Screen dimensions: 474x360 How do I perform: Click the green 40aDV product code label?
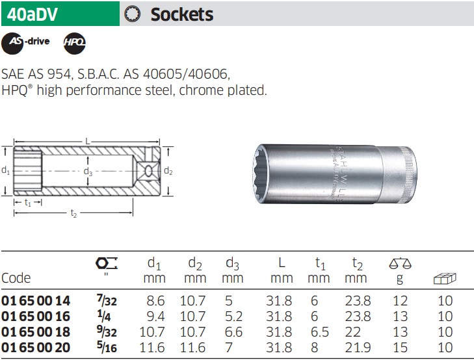(60, 14)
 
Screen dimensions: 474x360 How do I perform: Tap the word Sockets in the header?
(182, 14)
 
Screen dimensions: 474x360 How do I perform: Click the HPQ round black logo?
(75, 44)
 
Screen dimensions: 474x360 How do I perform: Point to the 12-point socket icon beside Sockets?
(133, 14)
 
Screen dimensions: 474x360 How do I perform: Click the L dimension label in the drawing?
(88, 141)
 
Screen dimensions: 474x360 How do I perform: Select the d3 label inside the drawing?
(88, 172)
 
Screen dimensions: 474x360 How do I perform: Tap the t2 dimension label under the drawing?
(73, 213)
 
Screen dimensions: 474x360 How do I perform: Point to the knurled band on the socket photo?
(410, 173)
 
